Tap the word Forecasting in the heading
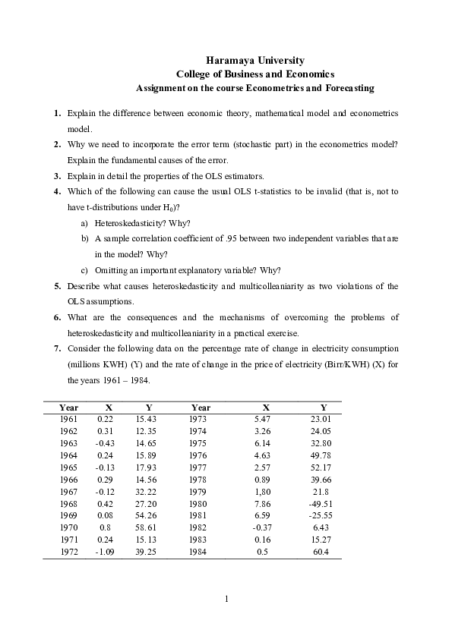345,88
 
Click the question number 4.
57,192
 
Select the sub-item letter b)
84,238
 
